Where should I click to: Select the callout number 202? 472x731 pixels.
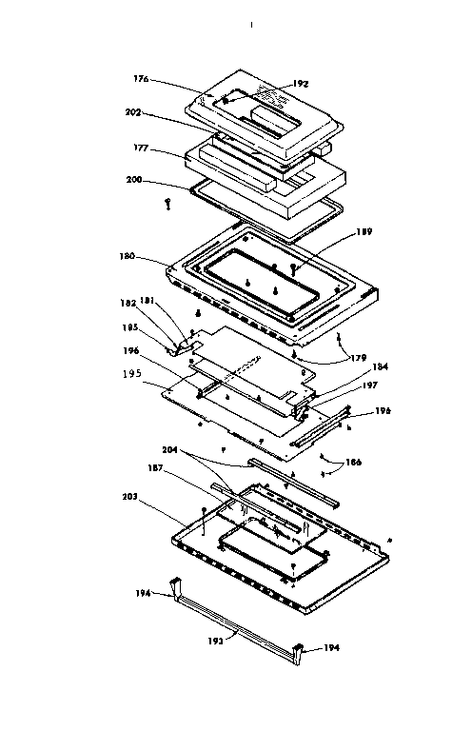133,112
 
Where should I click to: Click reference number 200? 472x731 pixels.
136,178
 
